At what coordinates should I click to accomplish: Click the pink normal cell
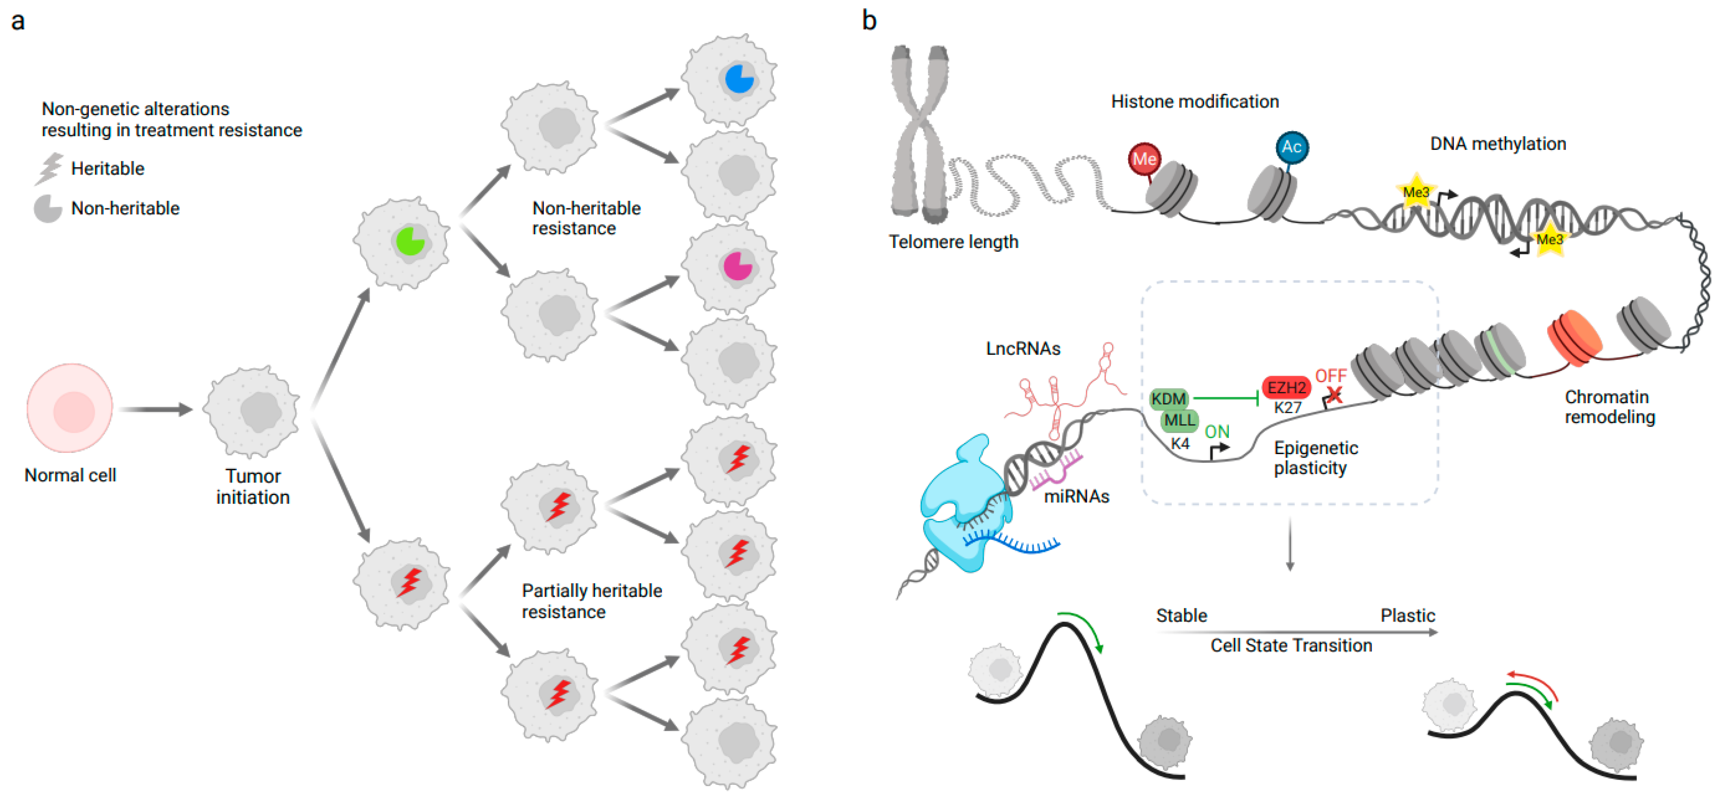[x=69, y=408]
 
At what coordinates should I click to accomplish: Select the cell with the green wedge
[x=402, y=243]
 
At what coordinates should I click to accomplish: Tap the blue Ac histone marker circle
[x=1291, y=147]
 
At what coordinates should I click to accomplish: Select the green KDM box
[x=1168, y=399]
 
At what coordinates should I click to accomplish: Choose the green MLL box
[x=1179, y=420]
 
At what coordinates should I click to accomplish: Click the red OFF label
[x=1330, y=376]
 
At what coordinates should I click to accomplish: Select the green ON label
[x=1217, y=432]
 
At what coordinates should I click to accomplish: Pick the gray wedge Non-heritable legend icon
[x=48, y=209]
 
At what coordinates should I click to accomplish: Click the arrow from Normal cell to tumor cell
[x=157, y=410]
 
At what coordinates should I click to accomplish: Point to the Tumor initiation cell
[x=252, y=412]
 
